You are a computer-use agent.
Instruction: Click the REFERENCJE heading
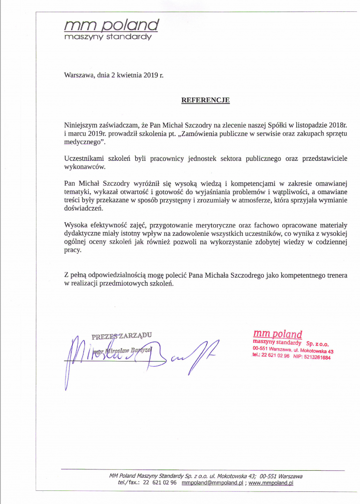pos(205,100)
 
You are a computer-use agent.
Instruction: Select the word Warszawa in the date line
pos(79,75)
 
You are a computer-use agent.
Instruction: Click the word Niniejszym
pos(81,125)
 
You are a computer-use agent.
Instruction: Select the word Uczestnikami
pos(83,158)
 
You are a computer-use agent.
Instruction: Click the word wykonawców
pos(85,166)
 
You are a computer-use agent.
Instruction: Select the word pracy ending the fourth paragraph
pos(73,250)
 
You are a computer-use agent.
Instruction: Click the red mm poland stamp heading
pos(277,334)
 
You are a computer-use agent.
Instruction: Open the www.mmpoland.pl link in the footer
pos(270,483)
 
